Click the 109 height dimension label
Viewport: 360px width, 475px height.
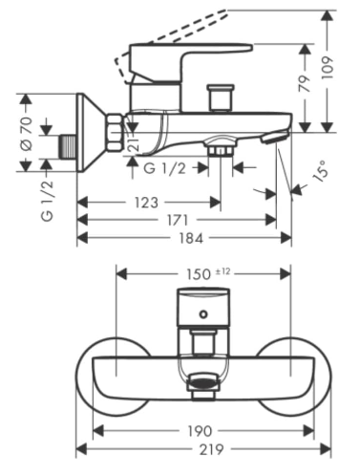(x=327, y=68)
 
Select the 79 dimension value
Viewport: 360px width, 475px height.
(x=305, y=84)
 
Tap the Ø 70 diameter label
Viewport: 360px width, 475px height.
(x=27, y=133)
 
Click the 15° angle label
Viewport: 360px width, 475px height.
(x=320, y=172)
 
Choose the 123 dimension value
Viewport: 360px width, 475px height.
(x=146, y=203)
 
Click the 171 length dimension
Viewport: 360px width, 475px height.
(x=177, y=220)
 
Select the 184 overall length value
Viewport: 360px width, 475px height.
(x=191, y=238)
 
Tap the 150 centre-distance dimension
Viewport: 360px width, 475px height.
(x=199, y=274)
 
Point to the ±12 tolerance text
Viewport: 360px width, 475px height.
(x=222, y=271)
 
